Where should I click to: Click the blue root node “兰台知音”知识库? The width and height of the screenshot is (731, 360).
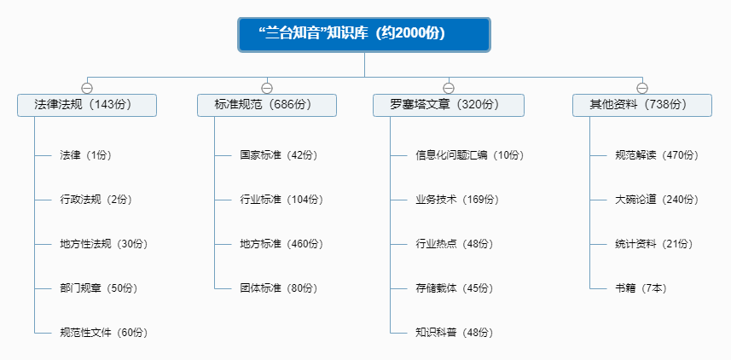pyautogui.click(x=364, y=34)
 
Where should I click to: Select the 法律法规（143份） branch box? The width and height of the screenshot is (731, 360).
pyautogui.click(x=87, y=105)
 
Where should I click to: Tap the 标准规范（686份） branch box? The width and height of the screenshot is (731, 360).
pyautogui.click(x=267, y=105)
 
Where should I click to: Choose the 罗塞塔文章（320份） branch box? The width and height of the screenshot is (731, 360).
pyautogui.click(x=448, y=105)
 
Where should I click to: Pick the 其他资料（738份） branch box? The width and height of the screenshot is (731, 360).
pyautogui.click(x=642, y=105)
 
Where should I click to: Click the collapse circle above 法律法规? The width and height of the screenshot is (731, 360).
pyautogui.click(x=87, y=88)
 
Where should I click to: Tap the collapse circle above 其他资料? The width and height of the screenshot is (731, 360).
pyautogui.click(x=642, y=88)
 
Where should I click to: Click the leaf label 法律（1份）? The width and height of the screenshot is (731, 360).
pyautogui.click(x=86, y=155)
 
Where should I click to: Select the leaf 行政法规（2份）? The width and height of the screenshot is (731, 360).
pyautogui.click(x=96, y=200)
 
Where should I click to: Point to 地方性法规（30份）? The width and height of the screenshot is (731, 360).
pyautogui.click(x=103, y=244)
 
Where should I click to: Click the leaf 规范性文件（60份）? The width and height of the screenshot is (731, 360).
pyautogui.click(x=109, y=332)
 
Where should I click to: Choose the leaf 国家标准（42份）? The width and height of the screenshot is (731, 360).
pyautogui.click(x=279, y=155)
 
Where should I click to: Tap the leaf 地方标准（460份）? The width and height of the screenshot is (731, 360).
pyautogui.click(x=281, y=244)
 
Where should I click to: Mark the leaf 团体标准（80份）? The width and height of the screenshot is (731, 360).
pyautogui.click(x=279, y=287)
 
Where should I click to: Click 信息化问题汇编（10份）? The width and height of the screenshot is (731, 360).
pyautogui.click(x=469, y=155)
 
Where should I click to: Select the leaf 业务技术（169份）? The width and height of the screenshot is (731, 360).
pyautogui.click(x=457, y=200)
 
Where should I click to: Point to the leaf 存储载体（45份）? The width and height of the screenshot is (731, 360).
pyautogui.click(x=455, y=287)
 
